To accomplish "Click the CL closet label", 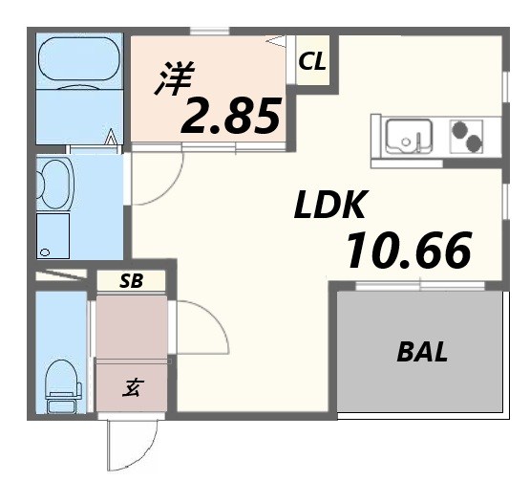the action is [x=312, y=61].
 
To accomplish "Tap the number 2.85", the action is [x=231, y=116].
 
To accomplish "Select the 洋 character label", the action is [x=175, y=78].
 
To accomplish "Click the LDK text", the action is [x=330, y=204].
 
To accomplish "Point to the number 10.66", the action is [x=409, y=250].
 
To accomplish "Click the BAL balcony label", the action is [x=422, y=352].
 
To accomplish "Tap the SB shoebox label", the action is [x=132, y=280].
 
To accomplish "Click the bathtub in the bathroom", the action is [x=79, y=59].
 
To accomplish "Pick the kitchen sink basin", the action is [x=409, y=136].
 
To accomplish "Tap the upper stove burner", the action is [x=459, y=129].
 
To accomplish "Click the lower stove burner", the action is [x=474, y=142].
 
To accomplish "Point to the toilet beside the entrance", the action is [x=63, y=386].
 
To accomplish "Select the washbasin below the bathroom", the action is [x=54, y=185].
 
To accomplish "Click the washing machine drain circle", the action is [x=45, y=252].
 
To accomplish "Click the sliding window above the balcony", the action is [x=420, y=286].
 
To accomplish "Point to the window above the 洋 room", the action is [x=210, y=32].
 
